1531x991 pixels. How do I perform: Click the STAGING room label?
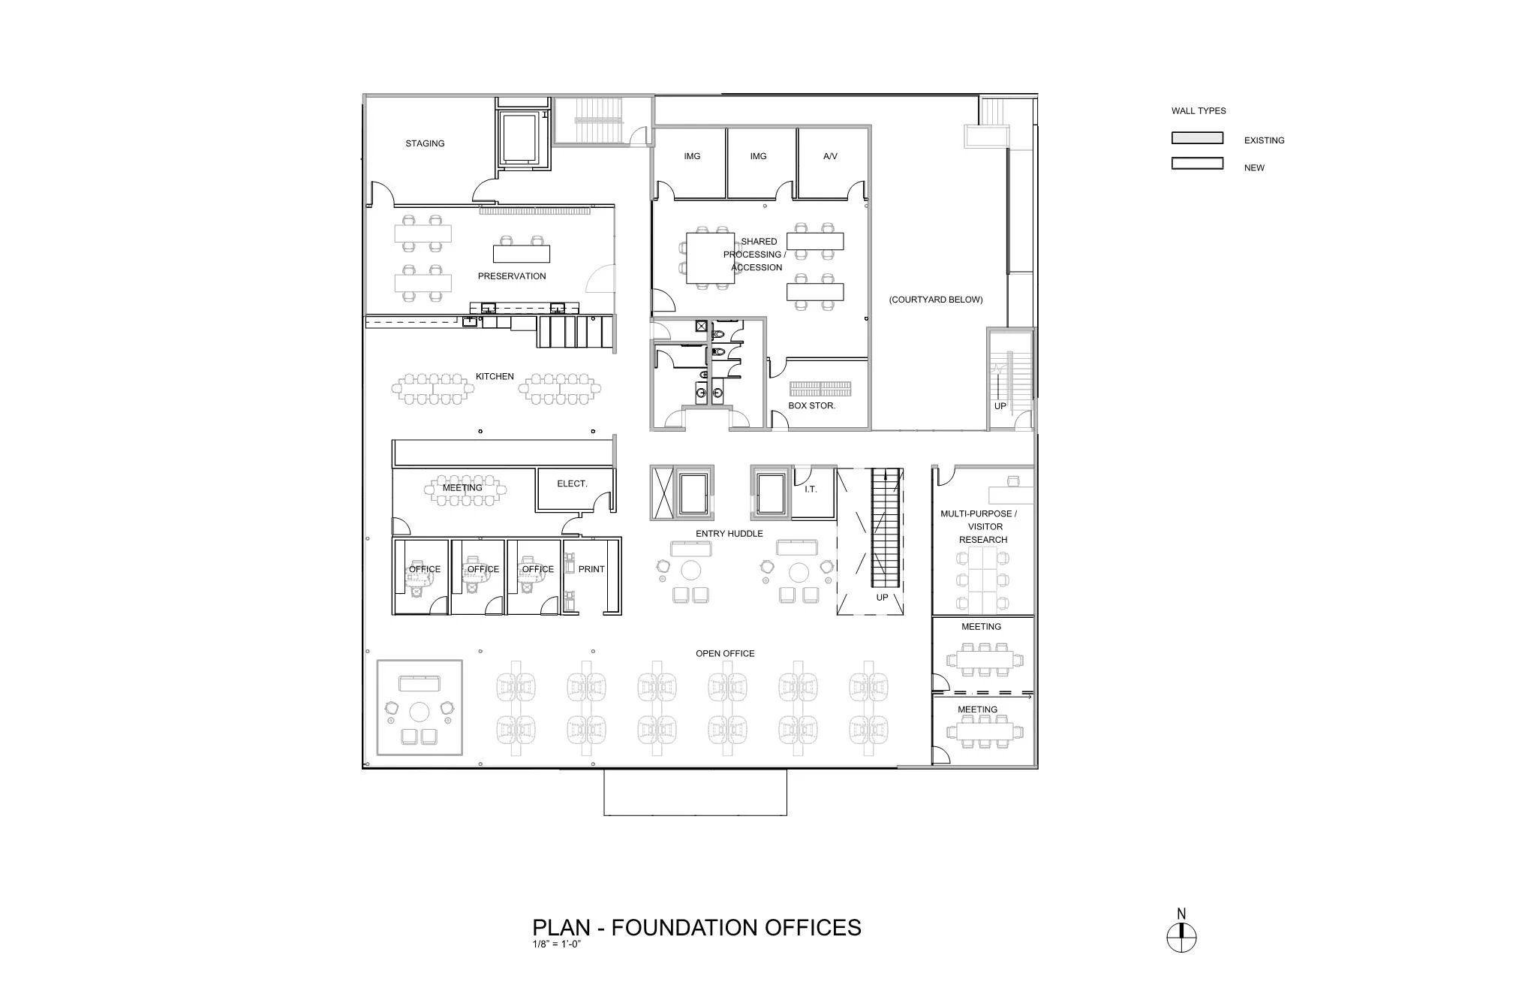pyautogui.click(x=425, y=143)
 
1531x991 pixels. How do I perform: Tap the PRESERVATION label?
pyautogui.click(x=512, y=276)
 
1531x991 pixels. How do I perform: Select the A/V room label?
pyautogui.click(x=830, y=156)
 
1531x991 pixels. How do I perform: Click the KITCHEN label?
pyautogui.click(x=495, y=376)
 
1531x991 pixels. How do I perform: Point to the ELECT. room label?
pyautogui.click(x=572, y=483)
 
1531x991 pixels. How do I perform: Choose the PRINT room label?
pyautogui.click(x=591, y=569)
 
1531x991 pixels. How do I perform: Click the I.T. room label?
pyautogui.click(x=811, y=489)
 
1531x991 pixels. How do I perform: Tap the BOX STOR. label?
pyautogui.click(x=811, y=405)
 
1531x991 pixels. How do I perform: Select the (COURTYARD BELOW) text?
pyautogui.click(x=936, y=300)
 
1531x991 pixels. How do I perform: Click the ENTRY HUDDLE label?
pyautogui.click(x=729, y=534)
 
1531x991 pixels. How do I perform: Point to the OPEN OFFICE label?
pyautogui.click(x=725, y=653)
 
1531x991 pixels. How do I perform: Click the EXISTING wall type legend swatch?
pyautogui.click(x=1197, y=138)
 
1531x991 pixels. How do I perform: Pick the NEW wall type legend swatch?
pyautogui.click(x=1197, y=164)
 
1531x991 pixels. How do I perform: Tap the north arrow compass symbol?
pyautogui.click(x=1181, y=937)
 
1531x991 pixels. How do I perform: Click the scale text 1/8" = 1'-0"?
pyautogui.click(x=557, y=944)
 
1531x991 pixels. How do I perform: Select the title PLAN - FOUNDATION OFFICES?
pyautogui.click(x=696, y=928)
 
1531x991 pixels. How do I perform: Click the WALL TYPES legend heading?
pyautogui.click(x=1199, y=110)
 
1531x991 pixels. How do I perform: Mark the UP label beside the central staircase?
pyautogui.click(x=882, y=598)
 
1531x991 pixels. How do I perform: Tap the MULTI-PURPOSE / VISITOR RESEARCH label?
pyautogui.click(x=979, y=526)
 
